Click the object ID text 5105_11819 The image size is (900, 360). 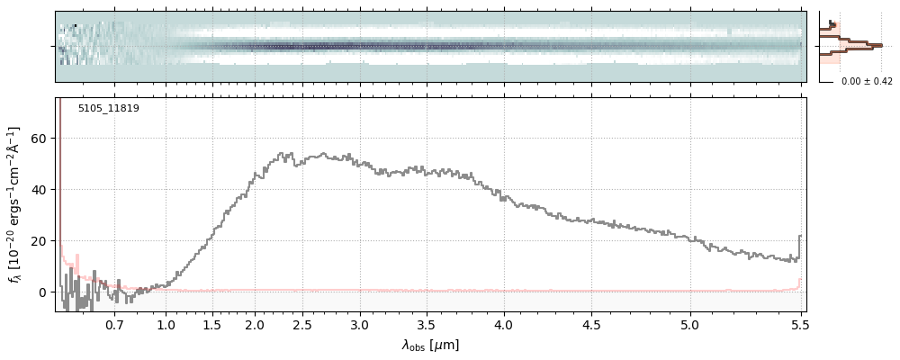pyautogui.click(x=108, y=109)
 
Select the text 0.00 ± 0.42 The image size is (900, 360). pyautogui.click(x=867, y=82)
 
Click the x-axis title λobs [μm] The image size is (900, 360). pyautogui.click(x=430, y=345)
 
